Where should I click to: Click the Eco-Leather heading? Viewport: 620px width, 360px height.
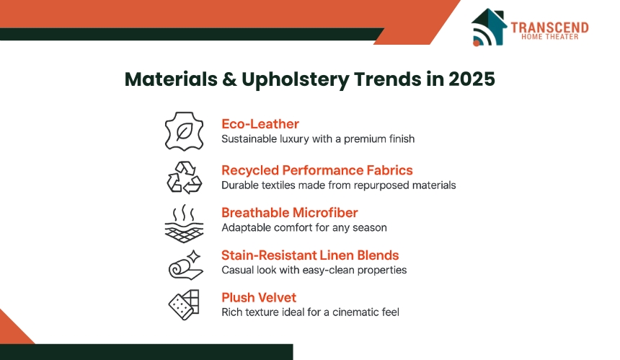260,124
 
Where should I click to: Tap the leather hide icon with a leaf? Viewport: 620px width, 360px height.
185,131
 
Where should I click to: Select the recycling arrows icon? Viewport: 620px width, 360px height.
185,177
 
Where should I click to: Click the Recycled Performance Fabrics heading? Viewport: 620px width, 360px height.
316,170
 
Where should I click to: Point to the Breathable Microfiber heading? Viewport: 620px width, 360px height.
289,212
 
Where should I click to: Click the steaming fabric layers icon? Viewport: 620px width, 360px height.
185,224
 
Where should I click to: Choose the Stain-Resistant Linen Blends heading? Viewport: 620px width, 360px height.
310,255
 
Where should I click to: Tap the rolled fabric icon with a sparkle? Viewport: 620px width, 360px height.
186,265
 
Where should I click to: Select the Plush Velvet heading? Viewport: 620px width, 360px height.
259,297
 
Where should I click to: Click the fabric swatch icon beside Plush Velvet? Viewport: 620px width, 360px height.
184,304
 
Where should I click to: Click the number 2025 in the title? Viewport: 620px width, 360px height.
471,79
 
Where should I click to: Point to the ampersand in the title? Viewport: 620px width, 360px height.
229,79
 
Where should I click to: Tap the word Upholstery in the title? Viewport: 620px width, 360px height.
296,80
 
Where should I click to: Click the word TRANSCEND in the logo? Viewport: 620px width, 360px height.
549,27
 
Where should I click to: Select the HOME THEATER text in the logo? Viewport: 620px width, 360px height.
549,37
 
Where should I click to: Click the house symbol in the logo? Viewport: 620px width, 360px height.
489,27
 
